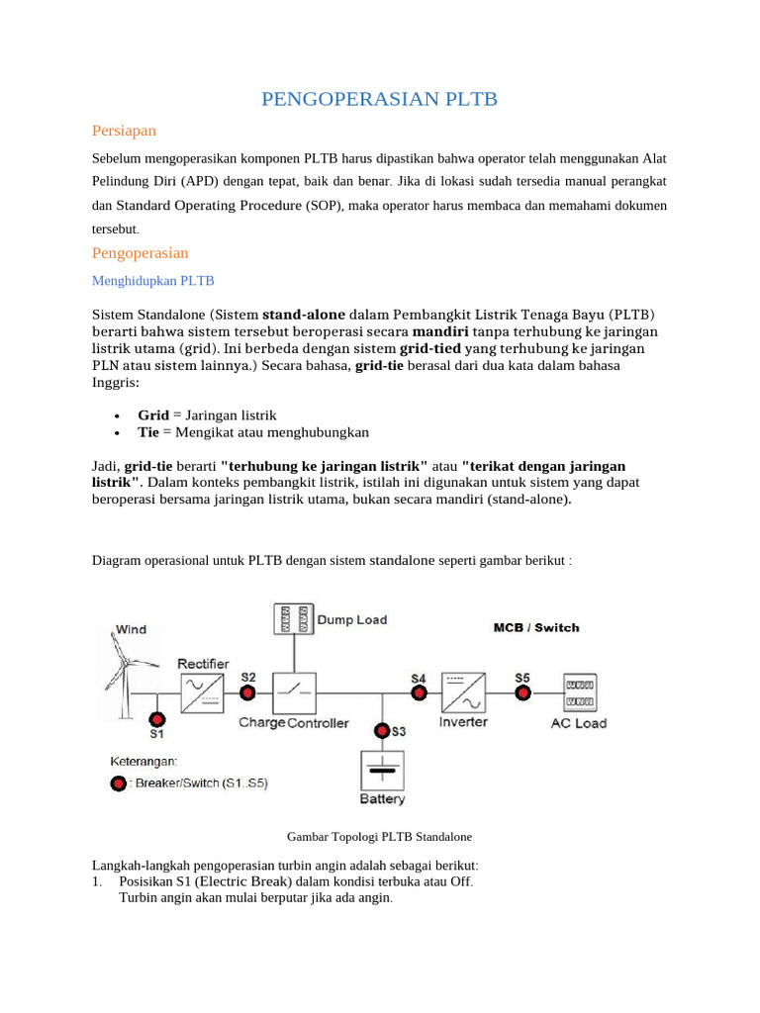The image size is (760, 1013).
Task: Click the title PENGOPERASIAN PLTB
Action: [x=379, y=99]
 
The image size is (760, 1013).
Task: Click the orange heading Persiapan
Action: [x=124, y=131]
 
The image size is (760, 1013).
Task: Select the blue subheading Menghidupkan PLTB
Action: [x=152, y=281]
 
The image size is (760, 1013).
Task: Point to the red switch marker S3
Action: [x=382, y=731]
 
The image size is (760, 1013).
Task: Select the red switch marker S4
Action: [x=419, y=692]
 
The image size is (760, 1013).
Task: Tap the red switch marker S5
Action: [x=522, y=692]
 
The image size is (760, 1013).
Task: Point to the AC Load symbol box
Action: [x=579, y=693]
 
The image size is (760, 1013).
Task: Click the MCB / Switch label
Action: [x=536, y=627]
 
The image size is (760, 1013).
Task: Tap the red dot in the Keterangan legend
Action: [x=120, y=783]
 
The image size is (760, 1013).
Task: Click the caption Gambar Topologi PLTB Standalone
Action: [x=379, y=836]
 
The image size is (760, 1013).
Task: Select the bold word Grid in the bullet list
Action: [x=153, y=415]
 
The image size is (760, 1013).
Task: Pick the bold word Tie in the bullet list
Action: [x=148, y=432]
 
